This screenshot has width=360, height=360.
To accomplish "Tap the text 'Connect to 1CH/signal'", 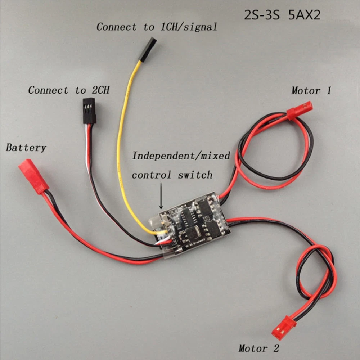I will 157,27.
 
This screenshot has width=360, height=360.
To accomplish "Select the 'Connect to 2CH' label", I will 69,90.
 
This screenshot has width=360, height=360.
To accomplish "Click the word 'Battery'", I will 26,147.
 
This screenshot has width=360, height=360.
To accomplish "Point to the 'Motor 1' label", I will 311,90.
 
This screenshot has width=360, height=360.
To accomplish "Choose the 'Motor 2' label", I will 258,348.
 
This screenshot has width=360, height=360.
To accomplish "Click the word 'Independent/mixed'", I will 181,156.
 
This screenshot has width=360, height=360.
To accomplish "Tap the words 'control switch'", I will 172,175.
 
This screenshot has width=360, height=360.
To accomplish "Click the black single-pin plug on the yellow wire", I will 147,49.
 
